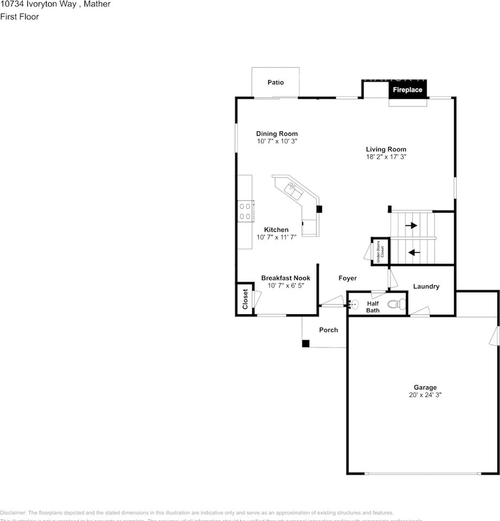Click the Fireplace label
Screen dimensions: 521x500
click(407, 90)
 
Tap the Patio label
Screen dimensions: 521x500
click(275, 82)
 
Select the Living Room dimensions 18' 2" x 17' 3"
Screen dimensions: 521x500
click(386, 157)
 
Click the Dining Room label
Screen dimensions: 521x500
click(277, 134)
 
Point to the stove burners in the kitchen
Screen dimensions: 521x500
click(245, 211)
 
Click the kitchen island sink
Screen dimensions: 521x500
click(294, 190)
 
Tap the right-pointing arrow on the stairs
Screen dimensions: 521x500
click(412, 225)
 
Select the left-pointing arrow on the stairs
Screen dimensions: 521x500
click(414, 252)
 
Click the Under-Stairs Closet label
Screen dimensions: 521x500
click(380, 252)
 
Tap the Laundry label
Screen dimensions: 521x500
click(426, 287)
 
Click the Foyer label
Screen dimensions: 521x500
click(347, 278)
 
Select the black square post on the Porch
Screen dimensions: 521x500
click(306, 344)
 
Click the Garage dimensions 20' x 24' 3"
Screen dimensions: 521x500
click(425, 396)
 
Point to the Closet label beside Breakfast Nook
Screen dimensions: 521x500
click(245, 299)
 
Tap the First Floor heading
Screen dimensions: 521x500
click(20, 17)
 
